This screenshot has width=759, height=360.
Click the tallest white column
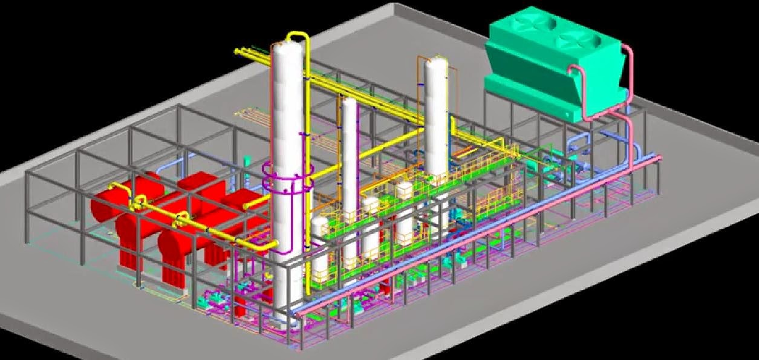[287, 121]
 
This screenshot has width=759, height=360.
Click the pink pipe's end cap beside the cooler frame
[659, 159]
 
